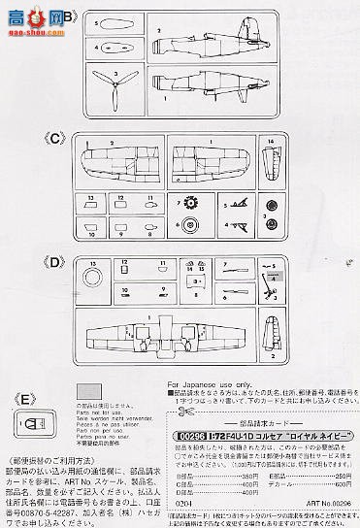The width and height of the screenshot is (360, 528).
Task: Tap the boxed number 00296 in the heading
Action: tap(190, 412)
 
